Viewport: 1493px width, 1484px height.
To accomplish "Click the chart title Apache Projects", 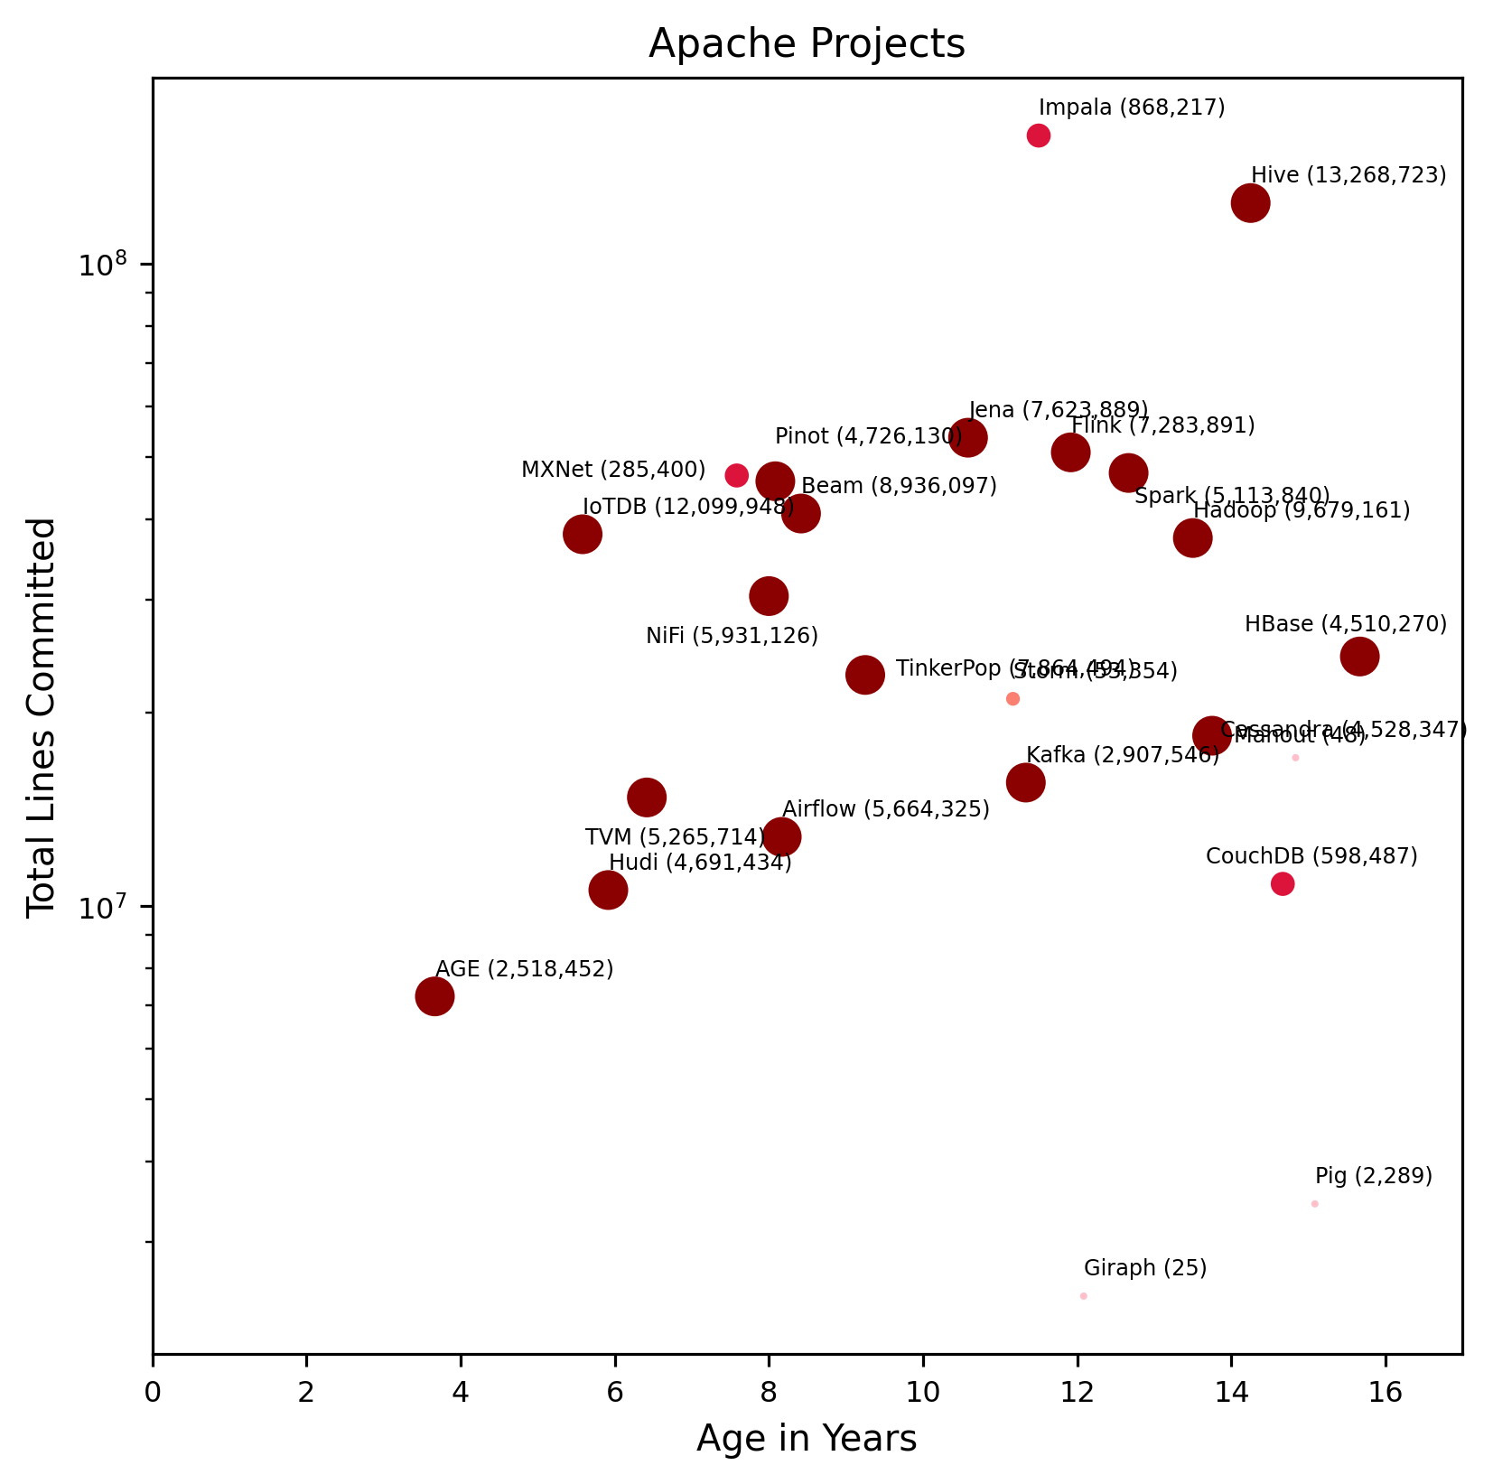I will [x=807, y=44].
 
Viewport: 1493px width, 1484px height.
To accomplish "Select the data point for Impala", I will [x=1039, y=135].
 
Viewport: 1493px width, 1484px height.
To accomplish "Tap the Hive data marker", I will [x=1250, y=203].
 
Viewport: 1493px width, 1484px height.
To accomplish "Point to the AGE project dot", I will [x=434, y=996].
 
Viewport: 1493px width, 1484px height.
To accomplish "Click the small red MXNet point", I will [x=737, y=475].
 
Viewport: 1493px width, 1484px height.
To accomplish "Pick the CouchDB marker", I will [x=1283, y=884].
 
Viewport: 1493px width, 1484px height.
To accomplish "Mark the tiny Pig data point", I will [x=1314, y=1204].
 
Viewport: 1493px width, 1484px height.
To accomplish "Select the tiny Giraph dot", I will [x=1083, y=1296].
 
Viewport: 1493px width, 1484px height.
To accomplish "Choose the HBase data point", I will [x=1359, y=656].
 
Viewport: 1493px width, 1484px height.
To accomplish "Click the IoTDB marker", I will [x=583, y=534].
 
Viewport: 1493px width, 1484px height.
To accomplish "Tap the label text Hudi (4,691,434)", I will [x=700, y=863].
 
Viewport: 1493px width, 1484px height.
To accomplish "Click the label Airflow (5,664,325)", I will [x=886, y=809].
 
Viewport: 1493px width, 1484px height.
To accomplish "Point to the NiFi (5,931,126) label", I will [x=732, y=636].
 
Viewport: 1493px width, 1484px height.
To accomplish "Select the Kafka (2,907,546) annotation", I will [x=1123, y=755].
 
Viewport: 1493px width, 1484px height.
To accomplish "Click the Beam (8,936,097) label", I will [x=899, y=486].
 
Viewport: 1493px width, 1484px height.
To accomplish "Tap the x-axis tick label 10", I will [x=923, y=1392].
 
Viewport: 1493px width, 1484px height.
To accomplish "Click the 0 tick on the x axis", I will [x=154, y=1392].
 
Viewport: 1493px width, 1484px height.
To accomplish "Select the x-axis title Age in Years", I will [x=807, y=1439].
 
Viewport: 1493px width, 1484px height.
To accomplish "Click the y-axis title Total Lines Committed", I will [x=42, y=717].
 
